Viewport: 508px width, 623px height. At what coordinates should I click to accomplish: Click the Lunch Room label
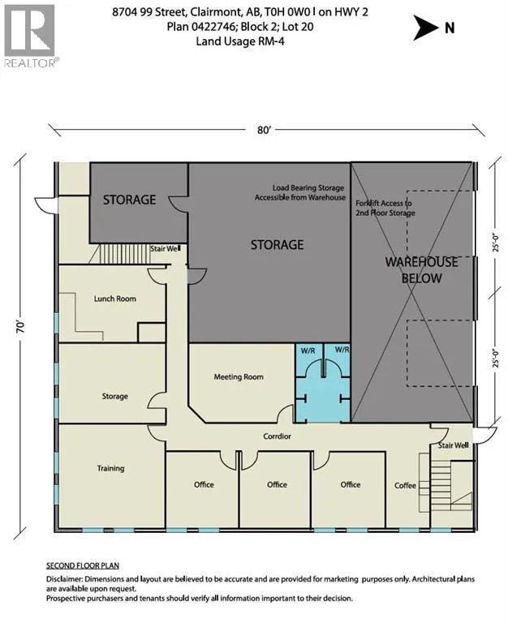point(115,299)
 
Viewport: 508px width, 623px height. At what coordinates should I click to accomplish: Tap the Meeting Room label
point(239,377)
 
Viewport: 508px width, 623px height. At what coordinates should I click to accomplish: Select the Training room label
point(110,468)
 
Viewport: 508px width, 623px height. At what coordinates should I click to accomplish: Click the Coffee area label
point(405,486)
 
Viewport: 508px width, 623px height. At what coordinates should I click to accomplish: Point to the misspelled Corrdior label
point(277,436)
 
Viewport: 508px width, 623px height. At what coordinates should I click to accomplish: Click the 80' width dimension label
point(264,130)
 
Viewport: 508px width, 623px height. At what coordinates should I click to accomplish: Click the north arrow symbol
point(425,28)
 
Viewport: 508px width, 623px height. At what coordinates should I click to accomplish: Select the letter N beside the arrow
point(450,28)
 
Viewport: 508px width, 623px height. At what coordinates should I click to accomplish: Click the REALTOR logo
point(30,36)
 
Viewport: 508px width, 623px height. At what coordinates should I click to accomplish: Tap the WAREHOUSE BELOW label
point(421,270)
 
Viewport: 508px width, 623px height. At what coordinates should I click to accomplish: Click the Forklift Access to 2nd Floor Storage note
point(385,208)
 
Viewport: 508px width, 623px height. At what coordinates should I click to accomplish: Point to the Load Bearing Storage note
point(300,192)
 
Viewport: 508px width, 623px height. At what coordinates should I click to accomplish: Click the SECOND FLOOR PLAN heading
point(83,565)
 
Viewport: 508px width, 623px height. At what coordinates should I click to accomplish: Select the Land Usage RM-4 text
point(240,41)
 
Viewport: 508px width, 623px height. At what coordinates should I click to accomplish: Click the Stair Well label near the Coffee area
point(453,445)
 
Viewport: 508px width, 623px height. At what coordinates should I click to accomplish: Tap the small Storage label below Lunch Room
point(115,396)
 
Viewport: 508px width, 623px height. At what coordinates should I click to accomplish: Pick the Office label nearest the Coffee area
point(351,485)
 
